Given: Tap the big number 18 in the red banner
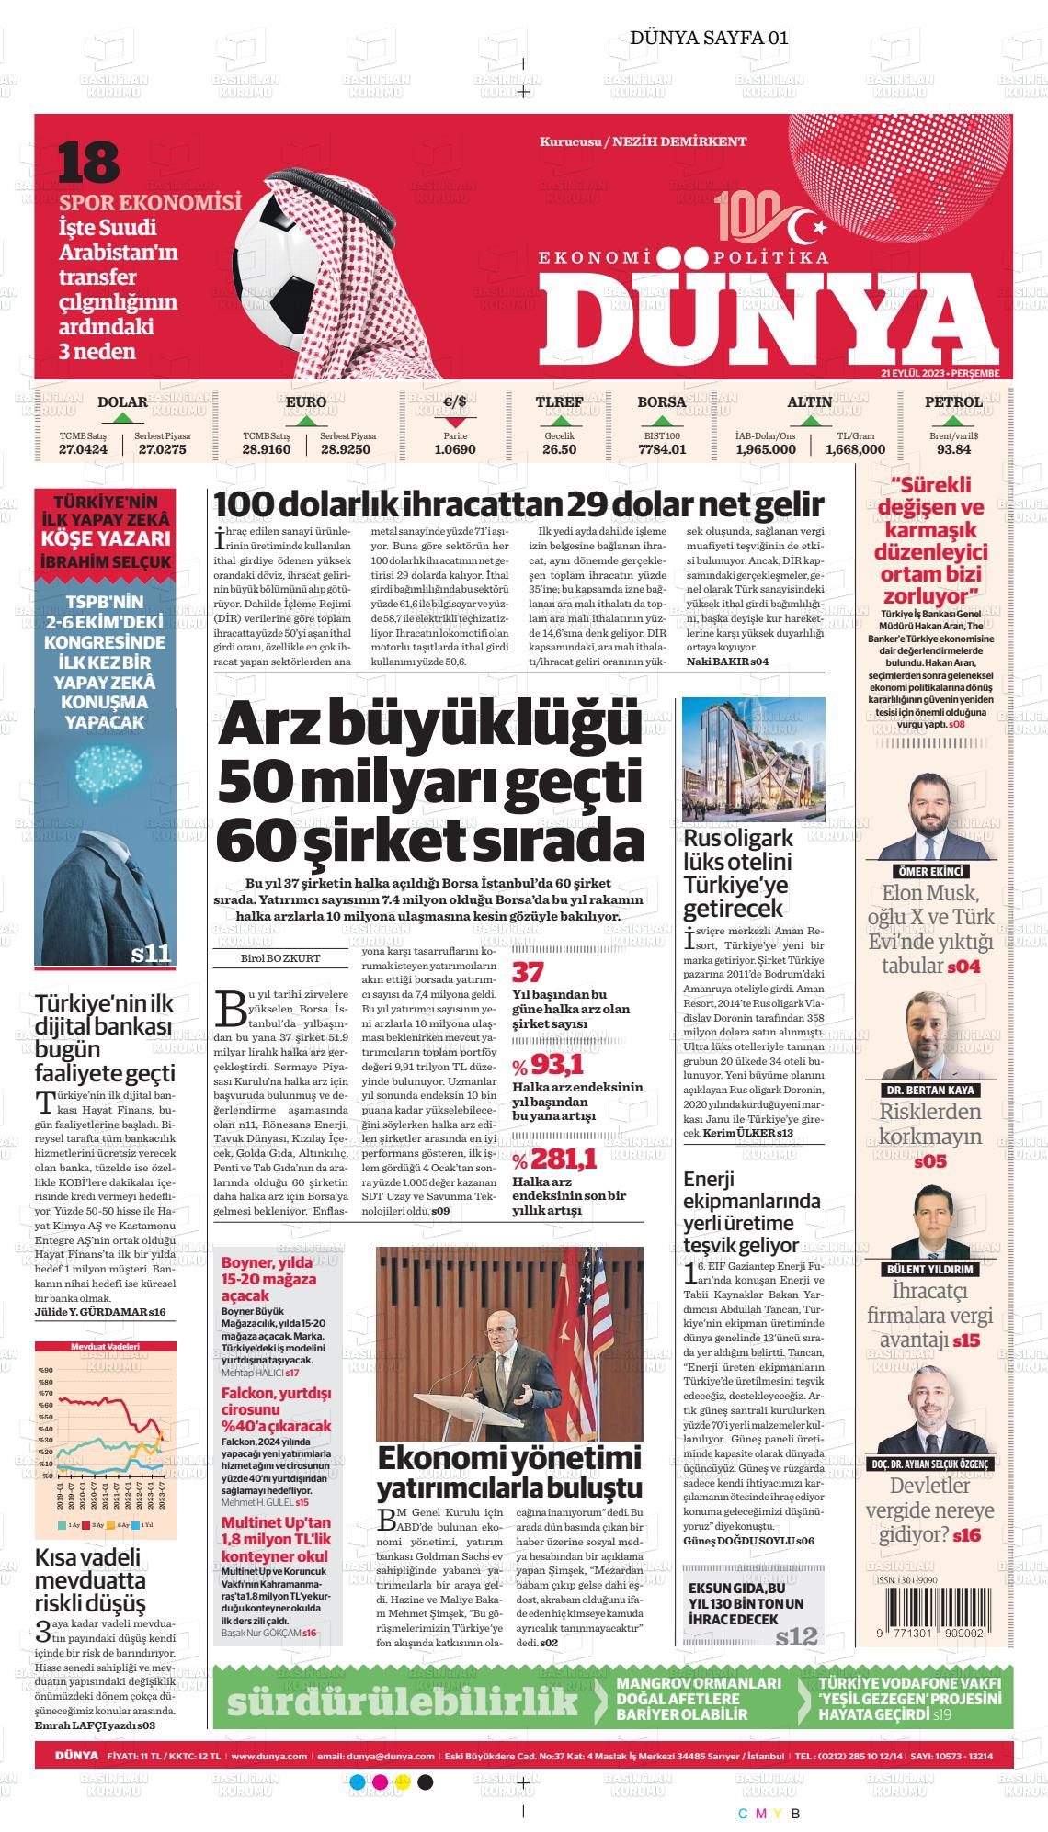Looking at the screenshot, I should click(89, 162).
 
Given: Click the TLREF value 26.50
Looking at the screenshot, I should click(559, 449).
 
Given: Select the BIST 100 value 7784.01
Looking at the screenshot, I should click(662, 449).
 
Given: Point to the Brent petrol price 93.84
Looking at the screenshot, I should click(953, 449).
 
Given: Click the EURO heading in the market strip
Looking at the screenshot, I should click(306, 401).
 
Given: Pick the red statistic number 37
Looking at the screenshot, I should click(528, 972).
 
